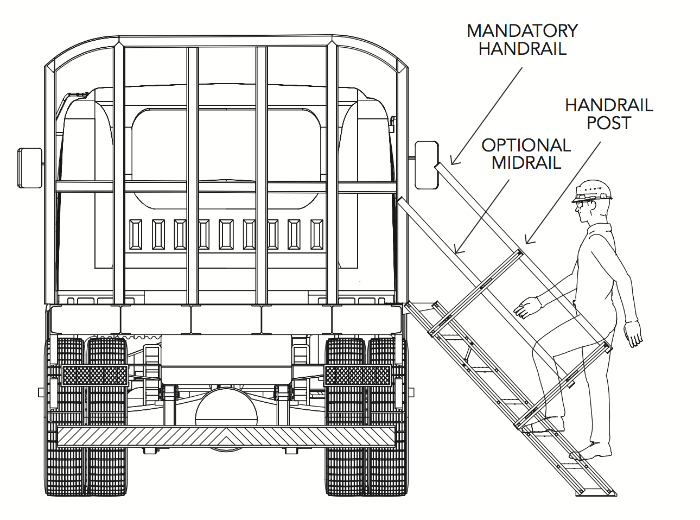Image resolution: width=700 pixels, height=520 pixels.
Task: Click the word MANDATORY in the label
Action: click(x=522, y=31)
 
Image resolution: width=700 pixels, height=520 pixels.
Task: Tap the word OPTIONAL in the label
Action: click(x=526, y=145)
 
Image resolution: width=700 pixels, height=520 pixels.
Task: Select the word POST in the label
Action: click(x=609, y=123)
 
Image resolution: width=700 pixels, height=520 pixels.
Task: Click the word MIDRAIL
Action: click(x=526, y=163)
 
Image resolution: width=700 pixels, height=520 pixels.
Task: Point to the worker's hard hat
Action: click(x=593, y=191)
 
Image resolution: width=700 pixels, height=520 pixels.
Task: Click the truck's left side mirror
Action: click(x=29, y=167)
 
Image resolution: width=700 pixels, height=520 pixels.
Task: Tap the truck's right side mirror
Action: click(x=426, y=164)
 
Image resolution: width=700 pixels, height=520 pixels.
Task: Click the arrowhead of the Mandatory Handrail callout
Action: click(x=453, y=162)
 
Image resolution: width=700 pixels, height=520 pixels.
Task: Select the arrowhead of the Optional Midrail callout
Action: click(x=457, y=251)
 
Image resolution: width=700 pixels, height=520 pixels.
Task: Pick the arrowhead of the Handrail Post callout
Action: click(x=528, y=241)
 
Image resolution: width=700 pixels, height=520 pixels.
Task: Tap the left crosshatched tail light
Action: click(x=95, y=375)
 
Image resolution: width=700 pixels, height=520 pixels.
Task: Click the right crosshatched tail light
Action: click(x=357, y=375)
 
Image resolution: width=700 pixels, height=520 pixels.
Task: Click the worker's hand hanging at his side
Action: click(x=632, y=332)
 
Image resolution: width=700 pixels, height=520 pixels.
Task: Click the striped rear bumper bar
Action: click(x=226, y=436)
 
